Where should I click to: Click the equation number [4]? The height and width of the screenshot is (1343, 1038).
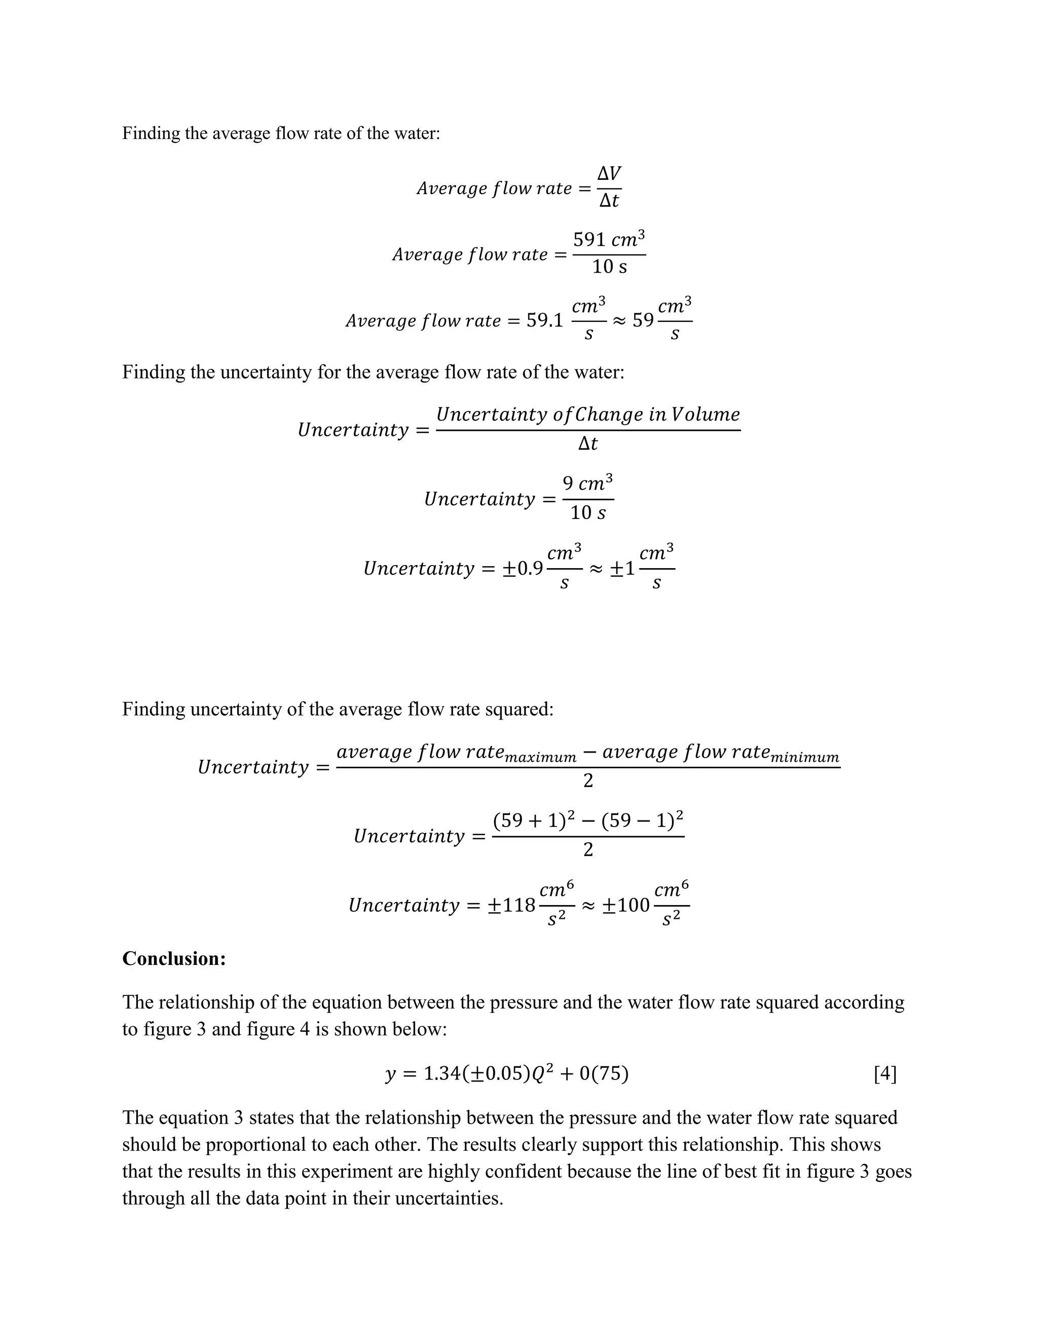point(885,1074)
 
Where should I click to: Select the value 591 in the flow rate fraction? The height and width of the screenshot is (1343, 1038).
point(588,239)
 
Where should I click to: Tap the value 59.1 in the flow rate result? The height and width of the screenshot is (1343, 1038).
point(544,320)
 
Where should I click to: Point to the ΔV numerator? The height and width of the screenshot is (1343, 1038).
point(609,173)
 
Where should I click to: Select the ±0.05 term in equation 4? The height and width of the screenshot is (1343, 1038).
point(496,1074)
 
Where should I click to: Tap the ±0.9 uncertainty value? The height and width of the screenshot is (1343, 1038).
point(523,568)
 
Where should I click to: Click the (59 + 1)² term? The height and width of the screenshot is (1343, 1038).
point(534,820)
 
